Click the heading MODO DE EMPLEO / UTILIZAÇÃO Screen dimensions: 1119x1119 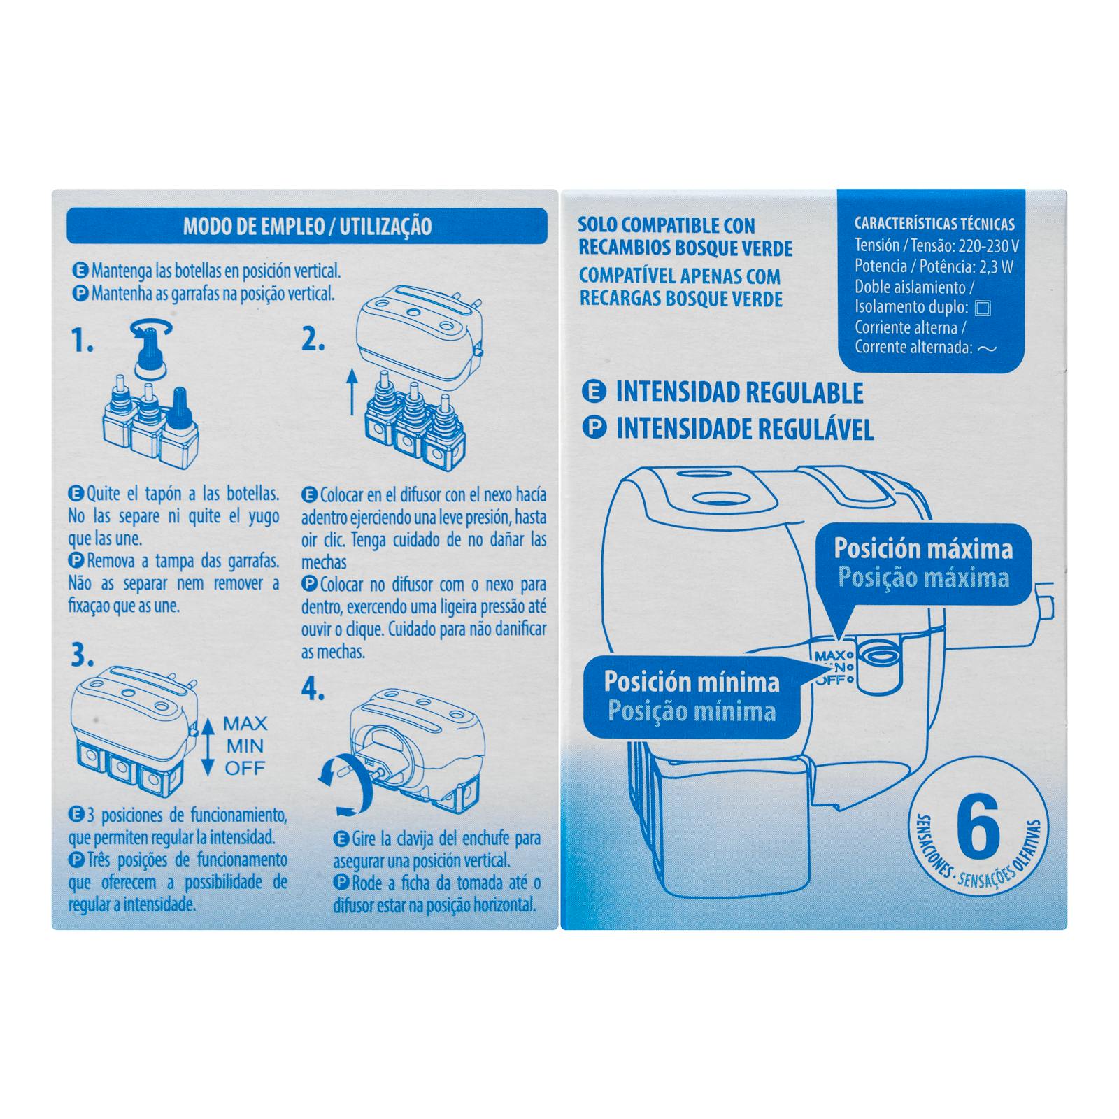click(307, 227)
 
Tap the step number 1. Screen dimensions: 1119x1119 click(82, 342)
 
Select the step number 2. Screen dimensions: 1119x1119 click(313, 340)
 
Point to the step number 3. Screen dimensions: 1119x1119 click(82, 655)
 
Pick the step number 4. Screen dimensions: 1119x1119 click(313, 691)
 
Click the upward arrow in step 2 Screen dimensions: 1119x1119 click(352, 392)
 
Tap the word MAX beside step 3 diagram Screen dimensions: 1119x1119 click(245, 724)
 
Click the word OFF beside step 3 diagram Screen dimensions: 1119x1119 click(245, 769)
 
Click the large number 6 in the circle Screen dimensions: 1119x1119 click(977, 827)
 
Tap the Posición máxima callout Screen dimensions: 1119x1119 click(923, 564)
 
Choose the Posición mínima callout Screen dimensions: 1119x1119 click(692, 697)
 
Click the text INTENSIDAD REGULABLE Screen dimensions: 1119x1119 click(739, 393)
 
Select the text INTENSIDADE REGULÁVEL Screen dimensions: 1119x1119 click(745, 429)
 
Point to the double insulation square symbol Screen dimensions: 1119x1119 click(982, 308)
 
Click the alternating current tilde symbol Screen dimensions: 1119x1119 click(986, 348)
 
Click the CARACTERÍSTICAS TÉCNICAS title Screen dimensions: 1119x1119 click(934, 224)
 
